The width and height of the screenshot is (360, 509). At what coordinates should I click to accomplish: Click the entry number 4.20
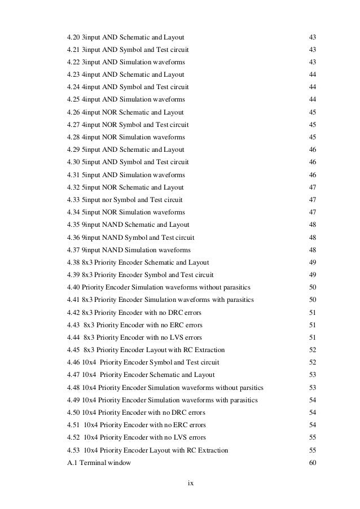pos(73,37)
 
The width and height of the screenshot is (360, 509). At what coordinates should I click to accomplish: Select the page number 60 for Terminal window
pos(312,463)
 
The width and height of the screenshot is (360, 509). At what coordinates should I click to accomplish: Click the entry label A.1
pos(71,463)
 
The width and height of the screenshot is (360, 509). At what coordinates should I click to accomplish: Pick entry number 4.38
pos(73,262)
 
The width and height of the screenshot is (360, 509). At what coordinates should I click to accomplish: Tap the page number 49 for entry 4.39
pos(312,275)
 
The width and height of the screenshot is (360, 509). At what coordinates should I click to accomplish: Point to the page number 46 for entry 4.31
pos(312,175)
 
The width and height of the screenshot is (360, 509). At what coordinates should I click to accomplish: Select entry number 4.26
pos(73,112)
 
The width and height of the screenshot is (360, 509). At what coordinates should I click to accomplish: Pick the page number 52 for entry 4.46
pos(312,362)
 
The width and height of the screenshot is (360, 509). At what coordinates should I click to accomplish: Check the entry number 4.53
pos(73,450)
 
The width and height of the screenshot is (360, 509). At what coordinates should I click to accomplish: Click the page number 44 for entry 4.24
pos(312,87)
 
